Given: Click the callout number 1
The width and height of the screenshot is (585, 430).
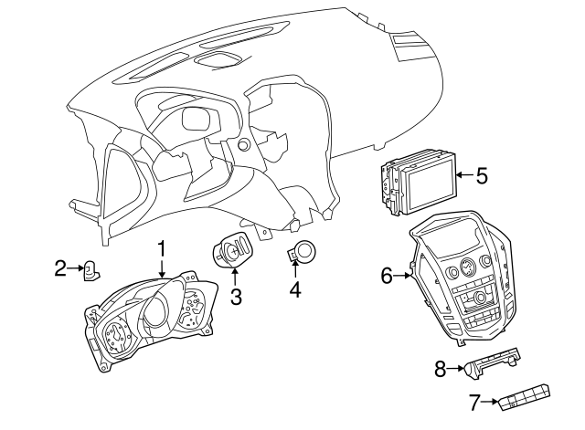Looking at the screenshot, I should [162, 247].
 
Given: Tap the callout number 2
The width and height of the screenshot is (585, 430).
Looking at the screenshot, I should [60, 268].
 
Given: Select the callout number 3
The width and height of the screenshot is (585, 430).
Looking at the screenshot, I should [236, 296].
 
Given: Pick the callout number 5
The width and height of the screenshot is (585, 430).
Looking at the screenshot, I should [482, 174].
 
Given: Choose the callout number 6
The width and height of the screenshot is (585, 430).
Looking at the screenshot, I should [387, 274].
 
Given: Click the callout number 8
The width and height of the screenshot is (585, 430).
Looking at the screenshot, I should [440, 369].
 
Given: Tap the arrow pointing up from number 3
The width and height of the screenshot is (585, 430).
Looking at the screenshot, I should [236, 278].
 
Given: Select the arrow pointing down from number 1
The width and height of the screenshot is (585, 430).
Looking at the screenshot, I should [162, 267].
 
